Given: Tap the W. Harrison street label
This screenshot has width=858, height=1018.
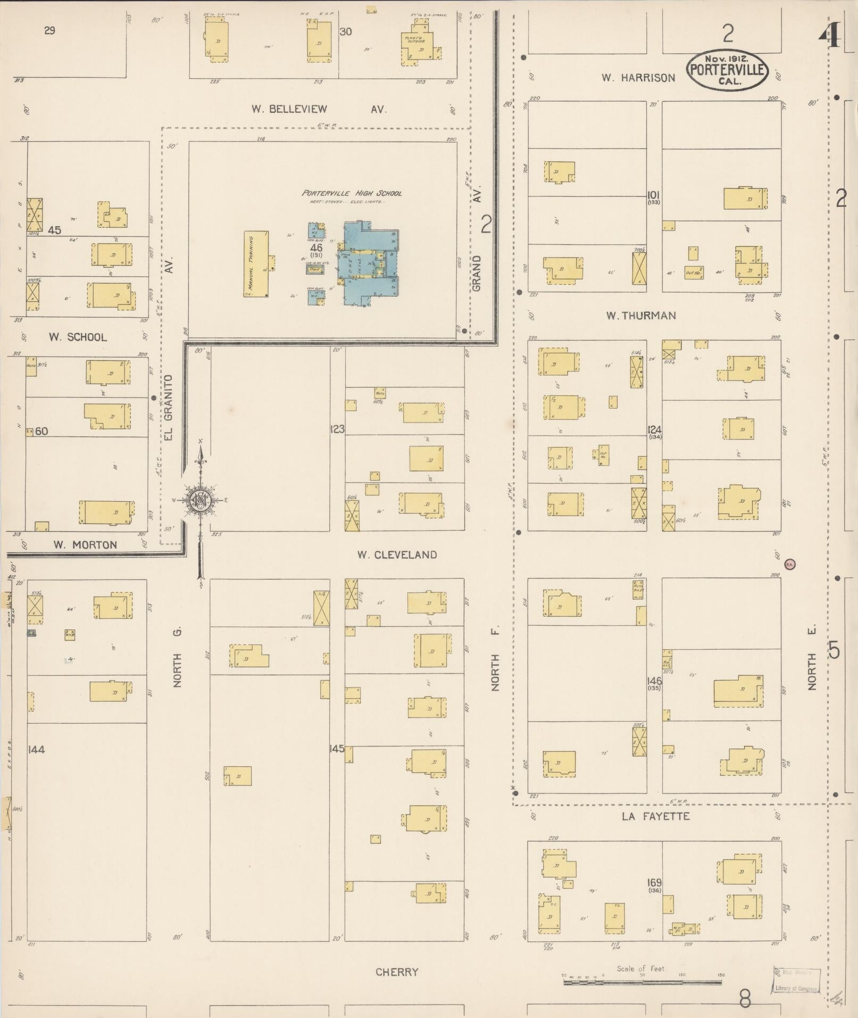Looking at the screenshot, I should [x=638, y=78].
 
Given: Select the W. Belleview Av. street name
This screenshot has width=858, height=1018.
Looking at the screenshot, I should [x=319, y=109].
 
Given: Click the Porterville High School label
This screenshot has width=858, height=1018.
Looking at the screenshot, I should [x=352, y=193].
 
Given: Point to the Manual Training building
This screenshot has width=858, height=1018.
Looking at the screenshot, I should [x=256, y=264].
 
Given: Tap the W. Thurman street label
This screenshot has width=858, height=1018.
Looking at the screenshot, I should [x=641, y=316].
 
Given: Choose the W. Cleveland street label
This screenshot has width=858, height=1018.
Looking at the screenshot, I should [x=397, y=555].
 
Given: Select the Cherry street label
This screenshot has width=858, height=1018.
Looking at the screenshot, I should [x=397, y=972].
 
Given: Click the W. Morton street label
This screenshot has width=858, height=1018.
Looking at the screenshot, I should [x=85, y=545].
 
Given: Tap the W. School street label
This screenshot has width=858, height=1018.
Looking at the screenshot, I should [x=78, y=337].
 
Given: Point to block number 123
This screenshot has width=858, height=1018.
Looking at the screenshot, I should [x=337, y=429].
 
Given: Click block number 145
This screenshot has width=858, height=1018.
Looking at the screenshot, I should [x=337, y=749].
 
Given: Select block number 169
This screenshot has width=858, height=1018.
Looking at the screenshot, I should [x=654, y=883].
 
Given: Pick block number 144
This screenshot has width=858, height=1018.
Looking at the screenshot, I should [x=37, y=749].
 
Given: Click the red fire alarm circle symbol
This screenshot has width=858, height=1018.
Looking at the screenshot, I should [x=790, y=564].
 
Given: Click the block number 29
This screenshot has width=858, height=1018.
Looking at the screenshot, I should [x=49, y=31].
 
